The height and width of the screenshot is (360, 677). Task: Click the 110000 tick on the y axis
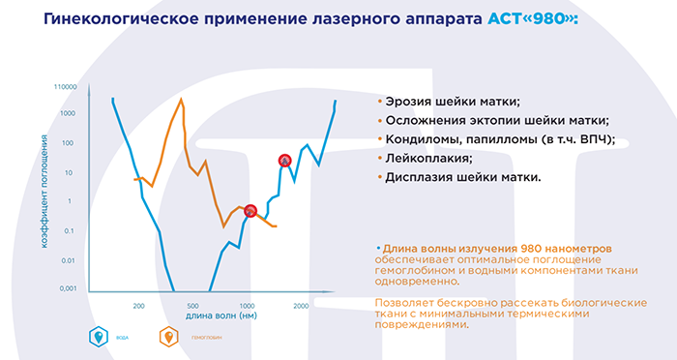pos(64,86)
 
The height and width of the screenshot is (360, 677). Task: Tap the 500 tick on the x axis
pos(191,306)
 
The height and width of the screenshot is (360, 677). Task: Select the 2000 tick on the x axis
pos(301,306)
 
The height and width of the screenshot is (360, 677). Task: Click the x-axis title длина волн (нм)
pos(221,316)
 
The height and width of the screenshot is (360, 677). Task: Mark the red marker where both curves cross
pos(250,210)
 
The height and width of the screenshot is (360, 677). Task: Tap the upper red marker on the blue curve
pos(284,160)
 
